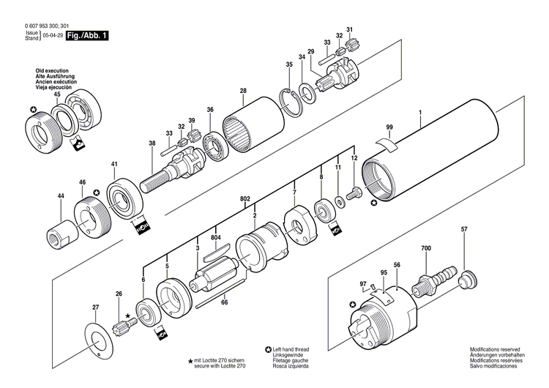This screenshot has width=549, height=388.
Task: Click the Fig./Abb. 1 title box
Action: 86,35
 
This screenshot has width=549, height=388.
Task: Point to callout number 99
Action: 389,127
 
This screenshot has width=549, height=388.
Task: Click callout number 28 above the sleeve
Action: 242,91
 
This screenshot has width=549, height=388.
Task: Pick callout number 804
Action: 215,237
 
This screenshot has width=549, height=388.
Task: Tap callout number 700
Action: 426,250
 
